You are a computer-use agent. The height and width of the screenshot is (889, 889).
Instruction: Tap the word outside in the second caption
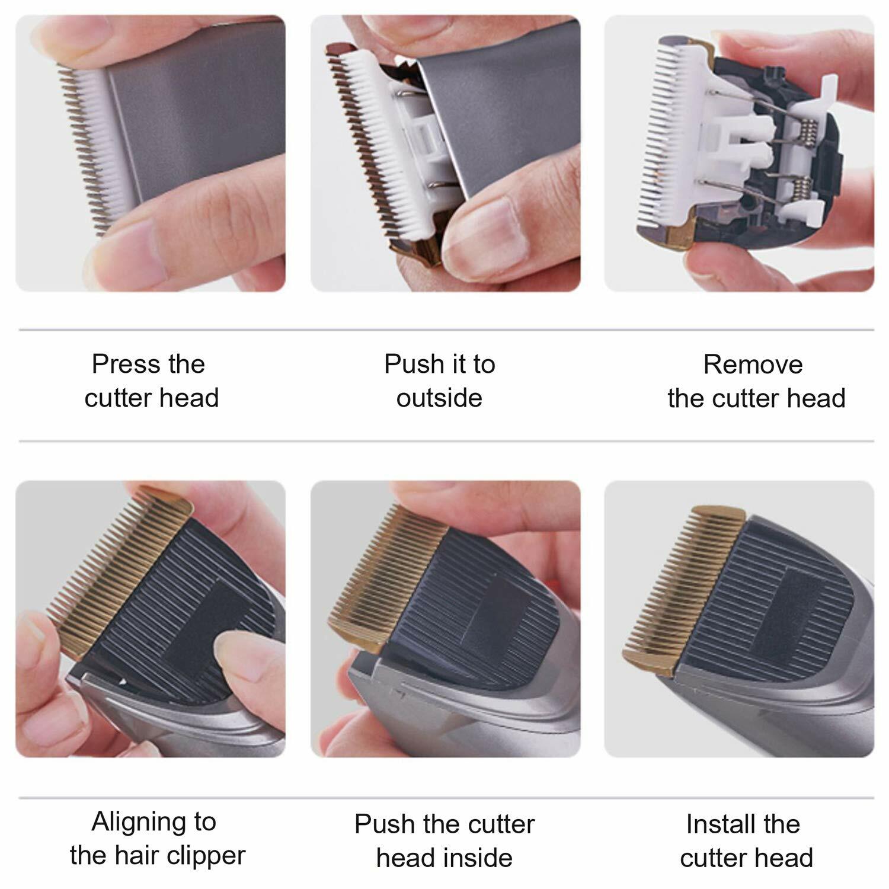439,398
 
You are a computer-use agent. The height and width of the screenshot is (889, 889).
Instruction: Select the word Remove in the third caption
753,364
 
